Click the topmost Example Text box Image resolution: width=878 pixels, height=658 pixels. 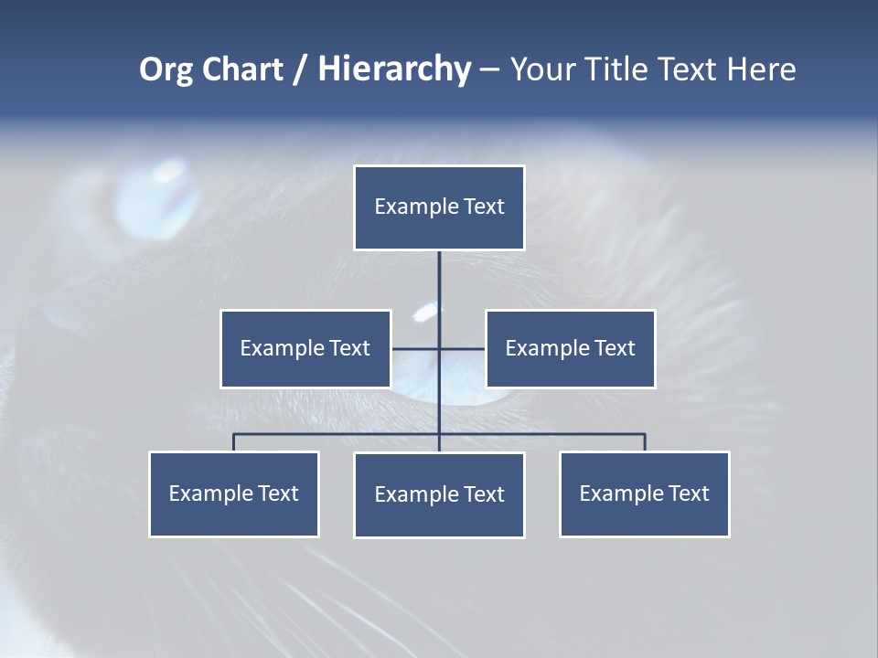pyautogui.click(x=439, y=207)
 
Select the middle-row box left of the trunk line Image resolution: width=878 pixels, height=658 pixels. pyautogui.click(x=305, y=348)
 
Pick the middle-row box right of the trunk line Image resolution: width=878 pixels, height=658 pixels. pyautogui.click(x=570, y=348)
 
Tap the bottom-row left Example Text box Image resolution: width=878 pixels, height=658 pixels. pyautogui.click(x=233, y=493)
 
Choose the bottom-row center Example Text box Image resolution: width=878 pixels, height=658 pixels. pyautogui.click(x=439, y=494)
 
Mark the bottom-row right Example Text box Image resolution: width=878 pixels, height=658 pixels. pyautogui.click(x=644, y=493)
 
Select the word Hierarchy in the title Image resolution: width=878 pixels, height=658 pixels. pyautogui.click(x=394, y=69)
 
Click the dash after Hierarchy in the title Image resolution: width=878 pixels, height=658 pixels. pyautogui.click(x=489, y=70)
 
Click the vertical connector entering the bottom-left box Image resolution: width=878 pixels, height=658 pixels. pyautogui.click(x=233, y=442)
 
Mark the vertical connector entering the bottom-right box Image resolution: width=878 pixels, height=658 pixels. pyautogui.click(x=645, y=442)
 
